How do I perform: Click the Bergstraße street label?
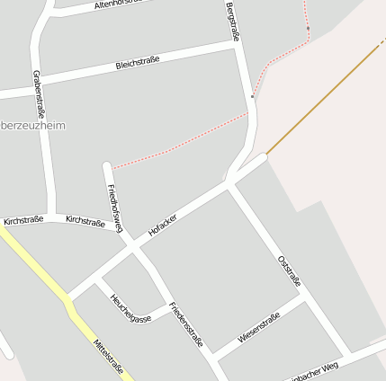[233, 22]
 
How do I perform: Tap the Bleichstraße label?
[138, 63]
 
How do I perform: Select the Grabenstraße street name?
[38, 85]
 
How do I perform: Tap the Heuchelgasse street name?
[130, 307]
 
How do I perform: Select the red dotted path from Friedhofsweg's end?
[180, 140]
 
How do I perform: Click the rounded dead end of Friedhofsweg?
[107, 165]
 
